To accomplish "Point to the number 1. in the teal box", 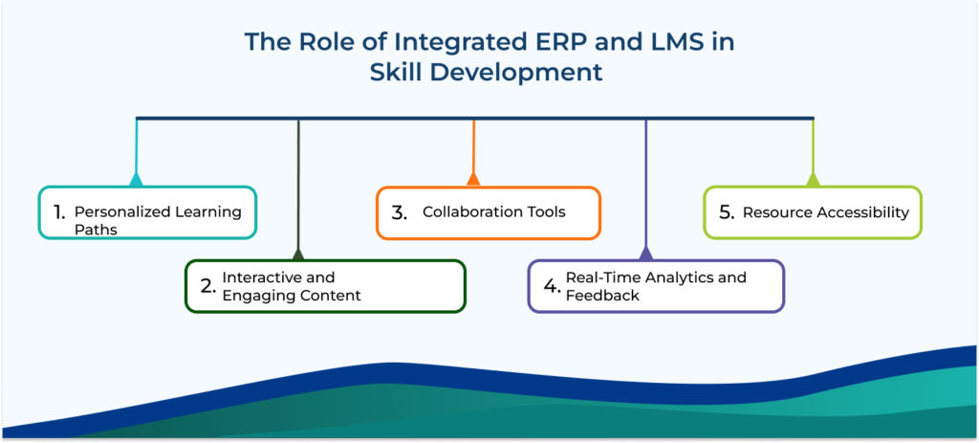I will (x=58, y=211).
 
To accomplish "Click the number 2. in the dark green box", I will (x=207, y=286).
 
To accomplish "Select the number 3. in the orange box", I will (x=399, y=212).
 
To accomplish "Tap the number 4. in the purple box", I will (x=551, y=286).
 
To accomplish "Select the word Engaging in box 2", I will (x=255, y=296).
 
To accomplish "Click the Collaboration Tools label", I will (x=493, y=211).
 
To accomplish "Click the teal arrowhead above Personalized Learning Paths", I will (x=136, y=179).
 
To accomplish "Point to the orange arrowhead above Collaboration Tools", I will (x=472, y=178).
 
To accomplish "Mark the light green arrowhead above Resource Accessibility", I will (x=813, y=179).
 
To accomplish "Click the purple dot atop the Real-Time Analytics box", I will (x=645, y=255).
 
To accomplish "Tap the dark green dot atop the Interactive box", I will (x=298, y=255).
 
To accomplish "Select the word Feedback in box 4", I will (x=602, y=296).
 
